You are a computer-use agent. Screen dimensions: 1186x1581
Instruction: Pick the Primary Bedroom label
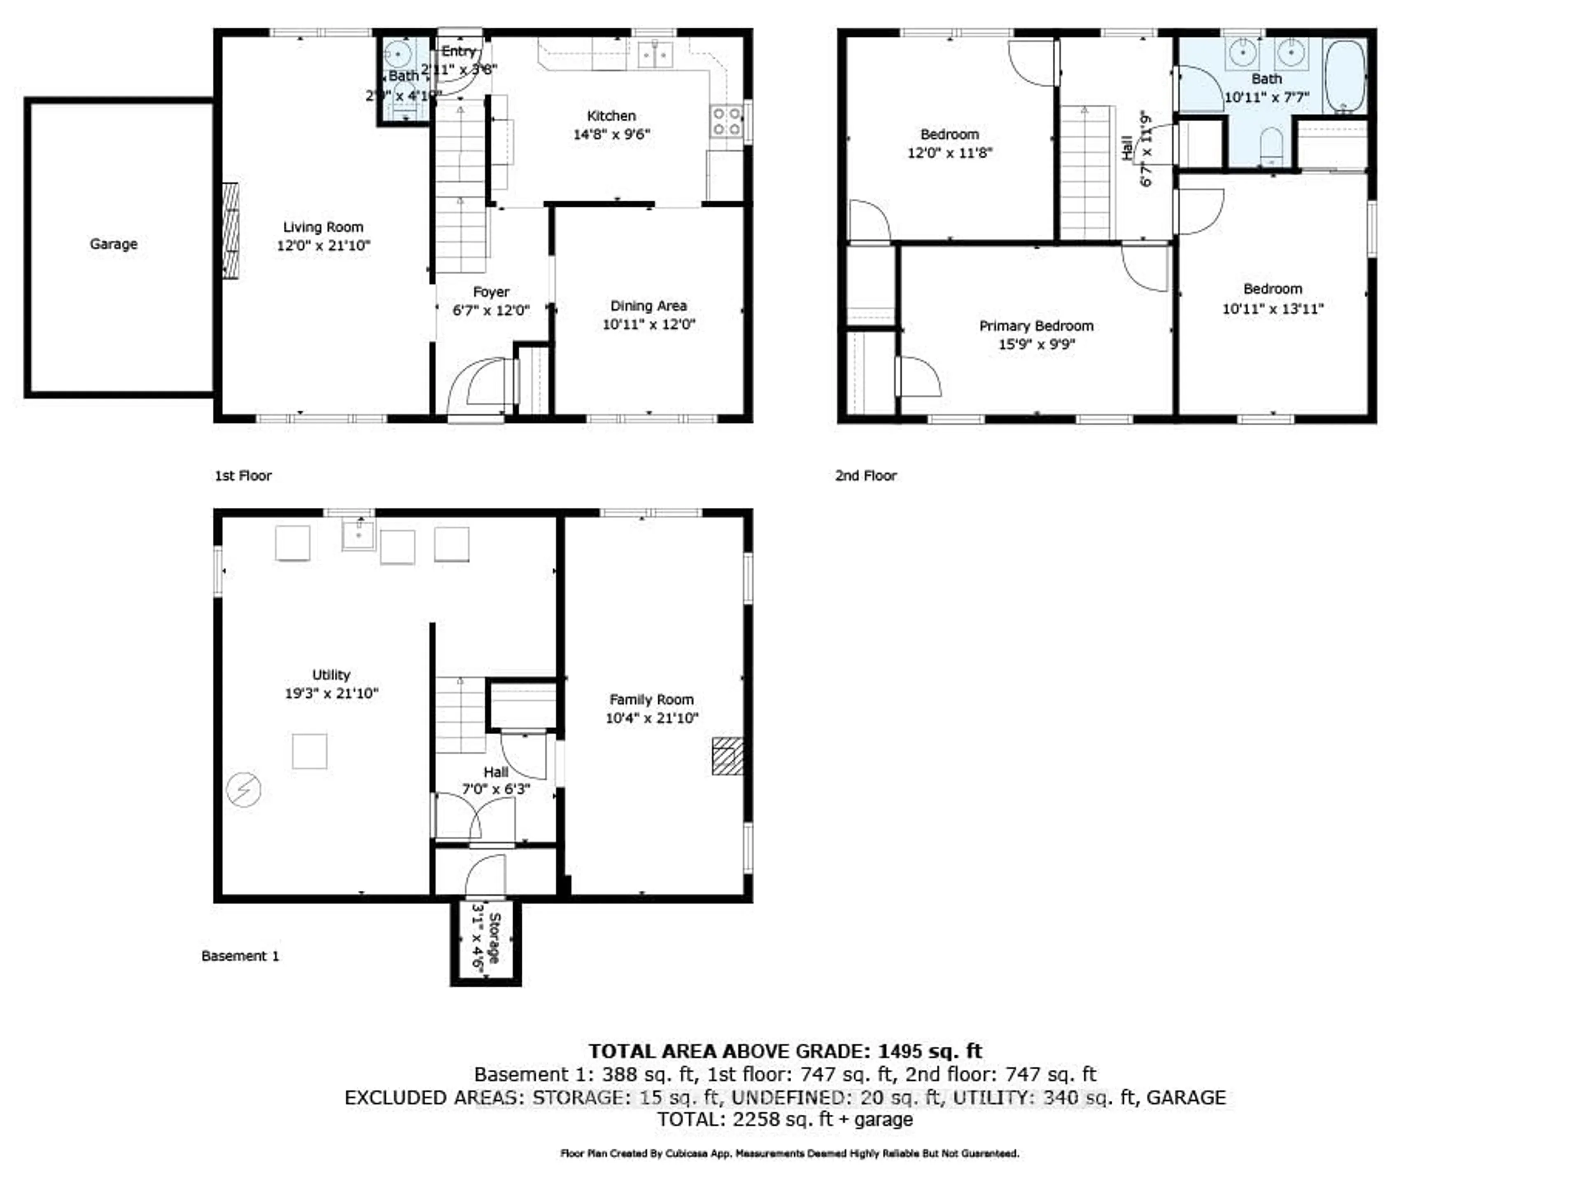tap(1035, 326)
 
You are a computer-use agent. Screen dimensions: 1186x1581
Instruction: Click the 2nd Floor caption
tap(865, 475)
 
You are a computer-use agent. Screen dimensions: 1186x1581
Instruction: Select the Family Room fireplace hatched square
tap(727, 756)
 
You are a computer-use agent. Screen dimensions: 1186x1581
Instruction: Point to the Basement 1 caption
tap(240, 956)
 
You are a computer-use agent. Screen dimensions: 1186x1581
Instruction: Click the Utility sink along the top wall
tap(358, 534)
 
